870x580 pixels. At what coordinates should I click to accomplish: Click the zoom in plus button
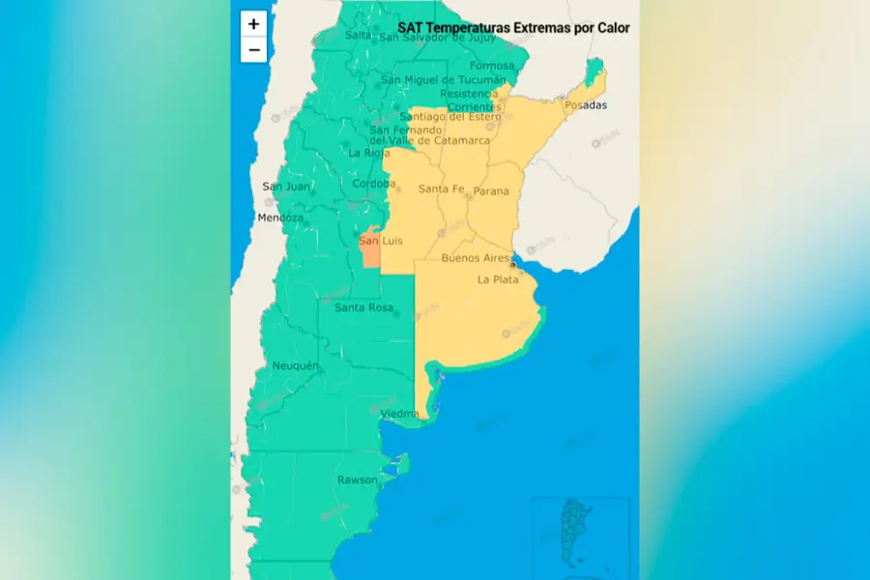click(x=253, y=24)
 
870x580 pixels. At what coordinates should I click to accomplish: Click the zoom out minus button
click(x=253, y=50)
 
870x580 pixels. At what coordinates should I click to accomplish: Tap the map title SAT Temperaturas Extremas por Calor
click(x=513, y=28)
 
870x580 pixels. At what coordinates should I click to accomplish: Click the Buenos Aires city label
click(x=475, y=258)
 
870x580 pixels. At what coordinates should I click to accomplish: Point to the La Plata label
click(x=499, y=279)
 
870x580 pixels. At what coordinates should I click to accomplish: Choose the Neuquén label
click(x=295, y=365)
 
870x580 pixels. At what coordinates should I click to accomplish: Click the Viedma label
click(x=399, y=414)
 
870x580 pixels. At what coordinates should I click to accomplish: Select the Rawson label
click(x=357, y=479)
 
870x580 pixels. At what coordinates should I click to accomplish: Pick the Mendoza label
click(x=280, y=217)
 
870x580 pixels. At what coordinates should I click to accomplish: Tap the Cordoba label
click(x=374, y=184)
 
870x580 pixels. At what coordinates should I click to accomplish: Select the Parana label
click(x=490, y=191)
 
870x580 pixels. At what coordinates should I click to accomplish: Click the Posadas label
click(x=586, y=104)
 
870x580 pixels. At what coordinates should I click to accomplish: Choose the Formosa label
click(x=492, y=66)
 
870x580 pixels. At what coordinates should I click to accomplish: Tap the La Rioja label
click(x=368, y=153)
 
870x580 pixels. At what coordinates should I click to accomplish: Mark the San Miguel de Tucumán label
click(x=444, y=80)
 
